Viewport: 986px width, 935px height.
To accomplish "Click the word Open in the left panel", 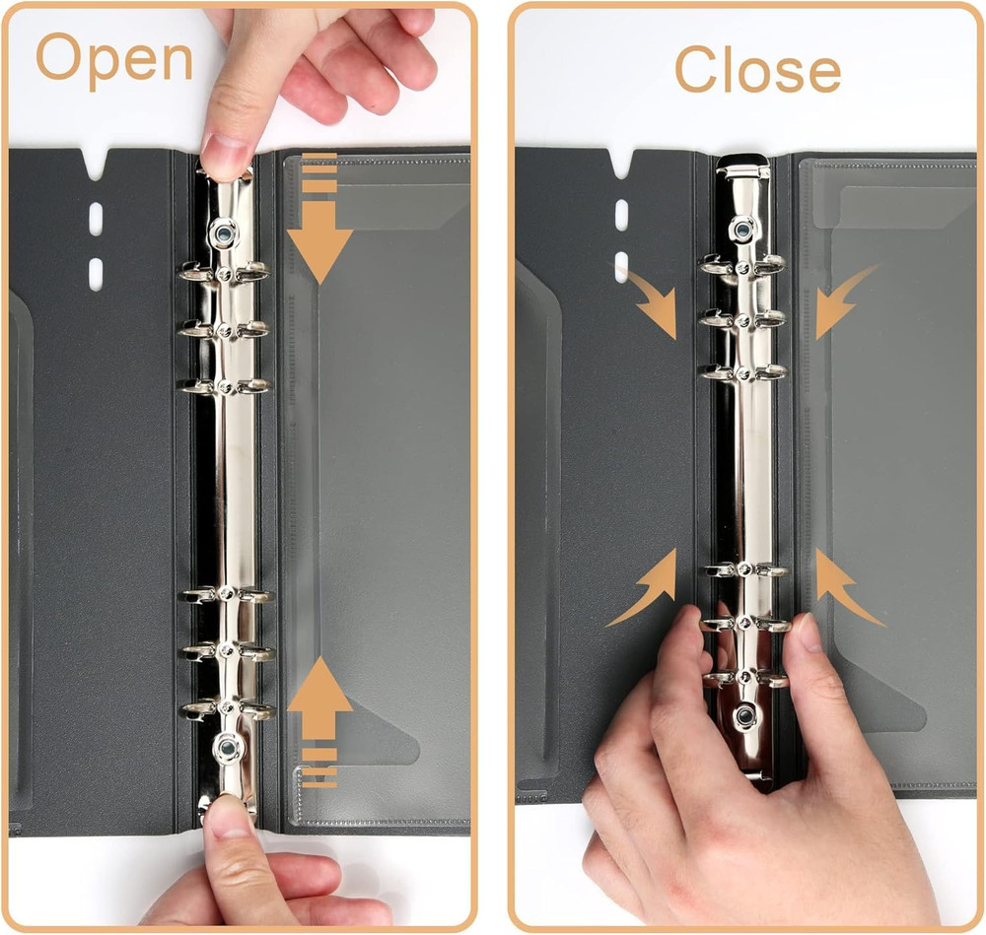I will click(x=114, y=59).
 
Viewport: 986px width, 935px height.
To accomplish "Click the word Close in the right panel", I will click(x=756, y=70).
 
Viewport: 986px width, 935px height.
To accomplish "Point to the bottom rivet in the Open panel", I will click(x=228, y=750).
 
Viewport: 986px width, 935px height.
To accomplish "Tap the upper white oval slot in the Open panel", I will click(x=96, y=219).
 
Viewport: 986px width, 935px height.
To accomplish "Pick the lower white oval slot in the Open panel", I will click(x=96, y=273).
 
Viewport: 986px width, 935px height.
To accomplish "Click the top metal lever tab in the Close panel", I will click(x=742, y=167).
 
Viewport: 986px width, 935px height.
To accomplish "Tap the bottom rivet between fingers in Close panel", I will click(x=746, y=716).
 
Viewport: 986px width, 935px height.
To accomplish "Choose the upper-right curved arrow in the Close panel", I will click(x=842, y=301).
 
